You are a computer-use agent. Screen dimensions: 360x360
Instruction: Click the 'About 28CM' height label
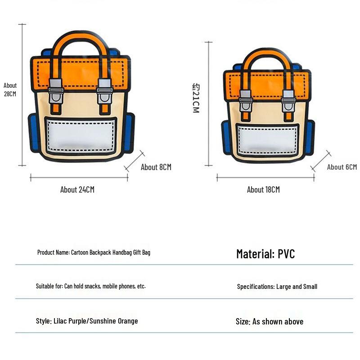click(10, 90)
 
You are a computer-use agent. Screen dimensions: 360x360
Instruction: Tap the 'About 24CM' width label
click(77, 189)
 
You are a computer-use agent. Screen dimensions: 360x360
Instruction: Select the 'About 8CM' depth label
click(156, 167)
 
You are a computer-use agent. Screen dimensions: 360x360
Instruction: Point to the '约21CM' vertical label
click(196, 98)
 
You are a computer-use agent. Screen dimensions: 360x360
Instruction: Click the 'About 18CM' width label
click(263, 189)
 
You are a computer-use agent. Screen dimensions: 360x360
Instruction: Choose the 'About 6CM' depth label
click(342, 167)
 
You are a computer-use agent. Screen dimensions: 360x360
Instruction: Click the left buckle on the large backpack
click(55, 91)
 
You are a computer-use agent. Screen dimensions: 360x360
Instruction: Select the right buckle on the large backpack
click(105, 91)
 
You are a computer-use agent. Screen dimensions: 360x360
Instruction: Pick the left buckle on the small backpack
click(245, 101)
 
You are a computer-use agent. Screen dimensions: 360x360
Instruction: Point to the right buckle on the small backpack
click(288, 101)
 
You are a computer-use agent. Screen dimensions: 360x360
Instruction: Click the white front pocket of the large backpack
click(81, 136)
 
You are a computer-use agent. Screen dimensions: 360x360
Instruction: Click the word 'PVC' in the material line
click(286, 254)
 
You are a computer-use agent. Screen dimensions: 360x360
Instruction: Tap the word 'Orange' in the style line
click(128, 321)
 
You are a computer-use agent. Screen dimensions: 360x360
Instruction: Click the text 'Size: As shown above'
click(270, 322)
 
